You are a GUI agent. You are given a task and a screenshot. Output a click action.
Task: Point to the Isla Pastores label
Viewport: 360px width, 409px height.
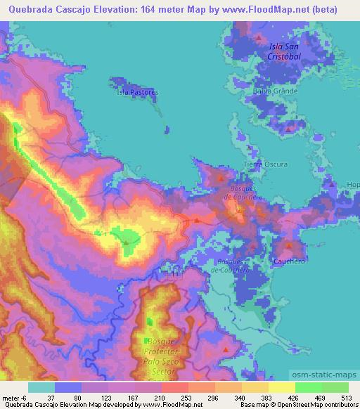pos(138,92)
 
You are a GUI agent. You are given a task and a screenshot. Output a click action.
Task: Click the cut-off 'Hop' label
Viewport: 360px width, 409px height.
pos(352,185)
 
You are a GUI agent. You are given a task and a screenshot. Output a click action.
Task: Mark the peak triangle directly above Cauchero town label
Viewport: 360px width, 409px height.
pos(289,245)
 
